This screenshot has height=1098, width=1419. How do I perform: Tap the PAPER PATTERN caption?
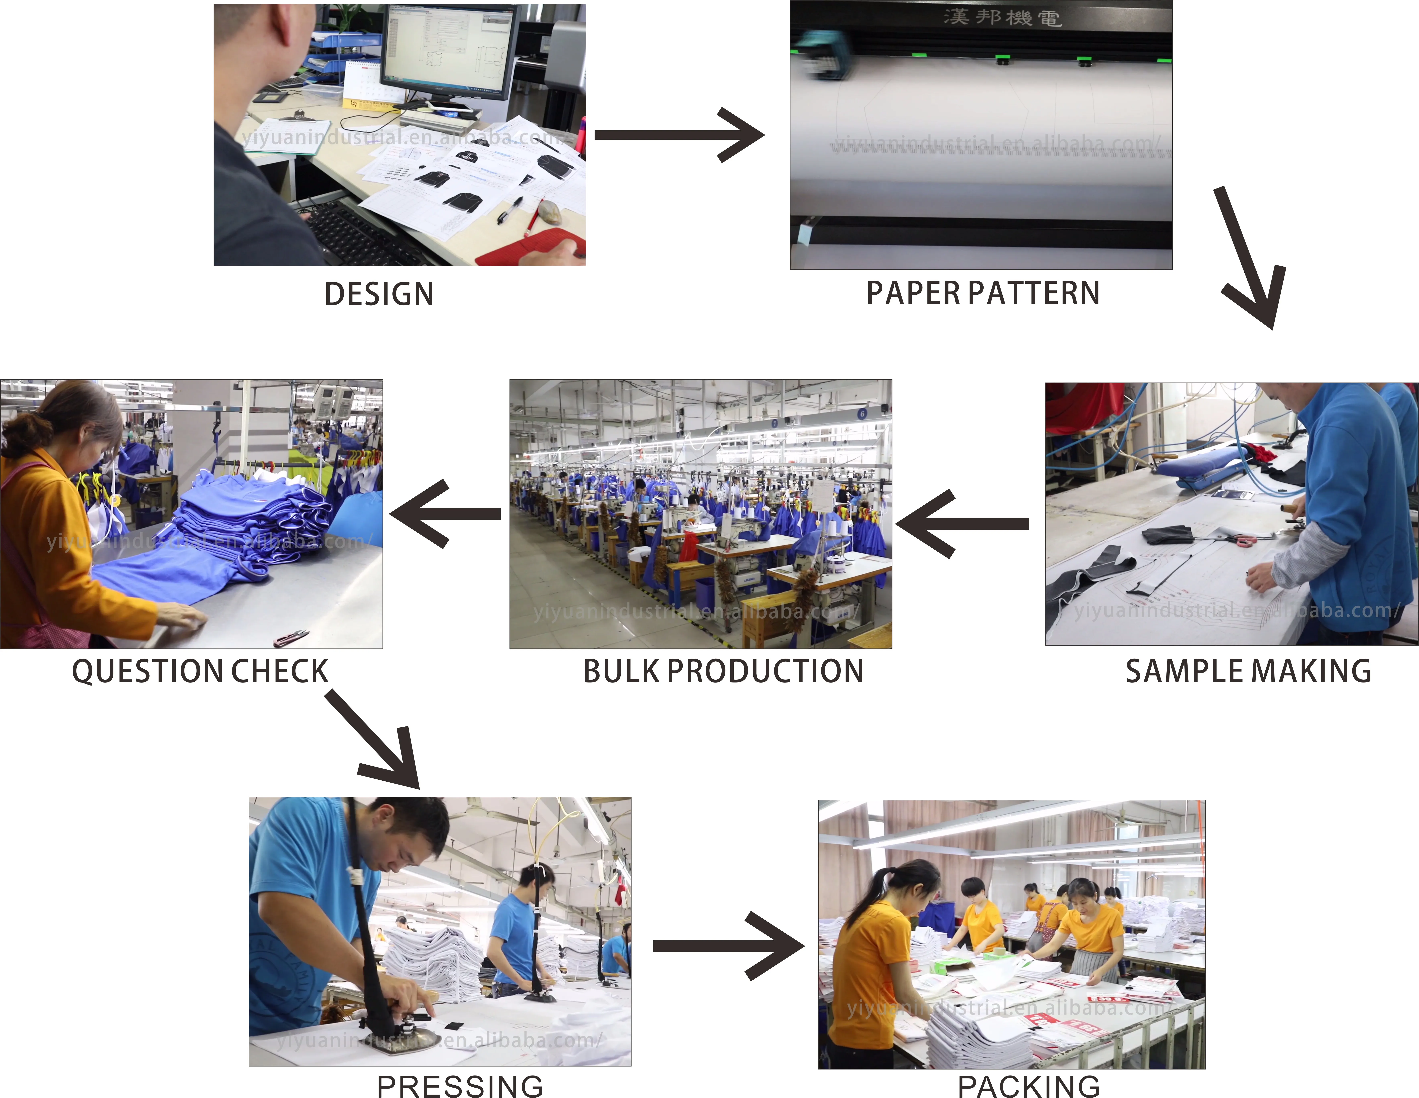[x=983, y=293]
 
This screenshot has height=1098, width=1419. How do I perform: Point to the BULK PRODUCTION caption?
[x=723, y=671]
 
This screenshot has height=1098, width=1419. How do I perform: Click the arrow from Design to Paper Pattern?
[x=679, y=135]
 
